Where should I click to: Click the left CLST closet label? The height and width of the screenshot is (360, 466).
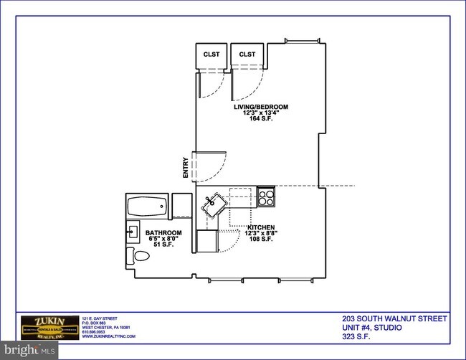(211, 55)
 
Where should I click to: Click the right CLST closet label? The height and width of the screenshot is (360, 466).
(248, 55)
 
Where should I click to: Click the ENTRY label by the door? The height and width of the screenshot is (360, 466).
(186, 167)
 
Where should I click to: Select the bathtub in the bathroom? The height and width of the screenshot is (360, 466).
(148, 209)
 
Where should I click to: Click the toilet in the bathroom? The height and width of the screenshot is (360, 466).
(139, 255)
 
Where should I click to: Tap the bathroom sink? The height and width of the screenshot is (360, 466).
(133, 232)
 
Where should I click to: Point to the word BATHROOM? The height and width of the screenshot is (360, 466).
(163, 233)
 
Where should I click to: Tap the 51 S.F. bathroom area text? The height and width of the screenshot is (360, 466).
(163, 246)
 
